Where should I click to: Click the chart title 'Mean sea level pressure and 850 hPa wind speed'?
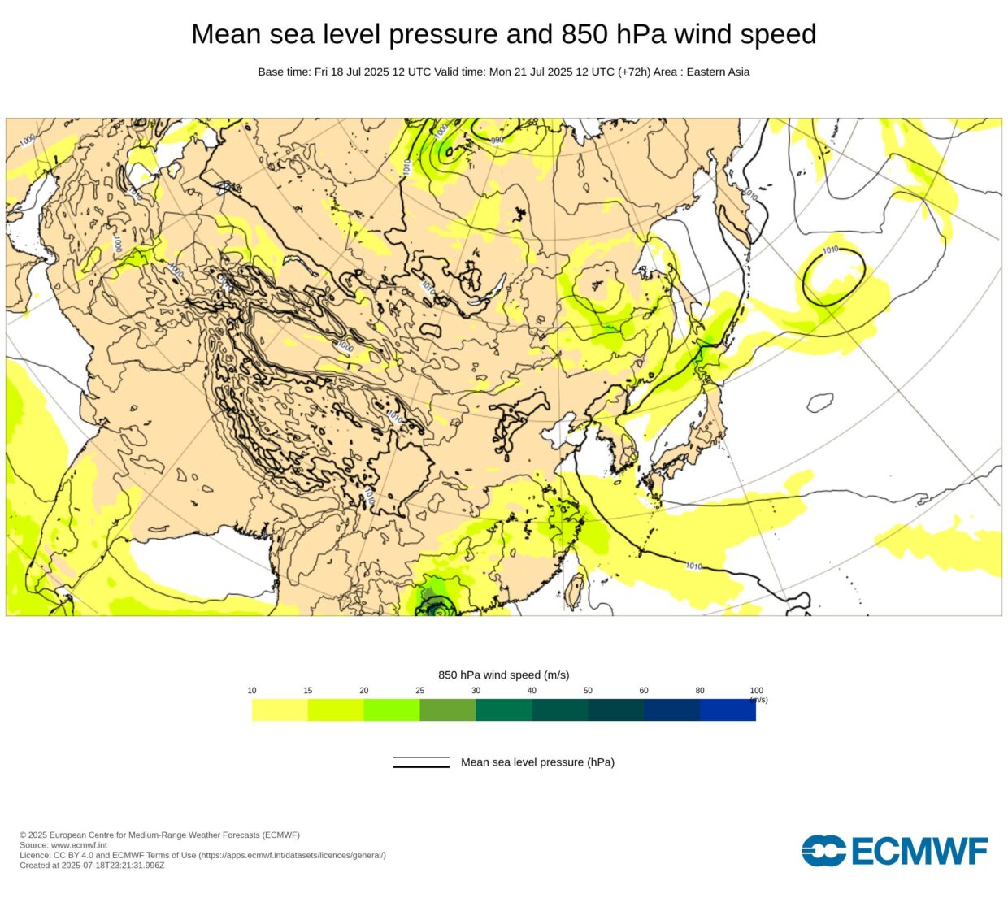[x=503, y=34]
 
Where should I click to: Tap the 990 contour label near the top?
[x=497, y=141]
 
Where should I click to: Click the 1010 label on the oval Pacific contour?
[x=830, y=250]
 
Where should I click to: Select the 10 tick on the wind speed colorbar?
[x=252, y=691]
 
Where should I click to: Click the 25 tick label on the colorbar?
[x=419, y=691]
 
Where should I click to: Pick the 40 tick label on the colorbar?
[x=532, y=691]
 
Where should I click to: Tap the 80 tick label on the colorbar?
[x=700, y=691]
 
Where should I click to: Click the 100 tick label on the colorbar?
[x=756, y=691]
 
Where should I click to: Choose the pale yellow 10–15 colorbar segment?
[x=280, y=710]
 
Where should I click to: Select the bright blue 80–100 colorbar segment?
[x=728, y=710]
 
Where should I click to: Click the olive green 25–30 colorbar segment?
[x=447, y=710]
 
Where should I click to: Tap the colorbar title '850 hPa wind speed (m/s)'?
[x=503, y=675]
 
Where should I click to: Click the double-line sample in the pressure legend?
[x=421, y=762]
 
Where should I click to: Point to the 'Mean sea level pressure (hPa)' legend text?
[x=537, y=762]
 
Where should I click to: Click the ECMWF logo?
[x=894, y=851]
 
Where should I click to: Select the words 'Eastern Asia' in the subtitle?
[x=718, y=72]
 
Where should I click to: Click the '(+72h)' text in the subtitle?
[x=634, y=72]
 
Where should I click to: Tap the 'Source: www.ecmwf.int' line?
[x=63, y=845]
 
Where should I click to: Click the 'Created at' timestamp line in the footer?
[x=92, y=866]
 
